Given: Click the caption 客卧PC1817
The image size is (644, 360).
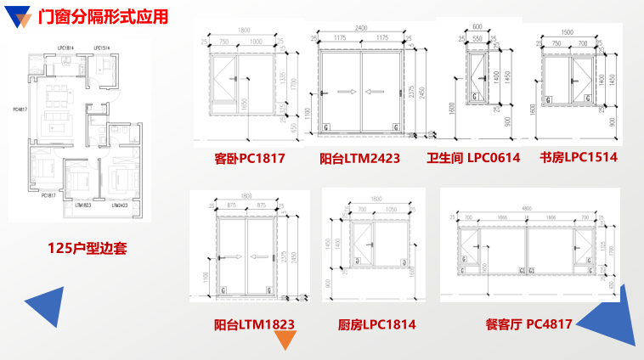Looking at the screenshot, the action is [249, 158].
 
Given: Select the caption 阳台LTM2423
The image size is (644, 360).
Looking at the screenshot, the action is [359, 158].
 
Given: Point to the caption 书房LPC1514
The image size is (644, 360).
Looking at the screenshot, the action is [578, 157].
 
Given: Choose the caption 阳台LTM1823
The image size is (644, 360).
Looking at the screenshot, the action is [254, 323].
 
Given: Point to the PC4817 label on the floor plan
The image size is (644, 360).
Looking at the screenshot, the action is [20, 109].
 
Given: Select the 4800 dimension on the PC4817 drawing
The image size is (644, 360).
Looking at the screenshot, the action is [527, 210].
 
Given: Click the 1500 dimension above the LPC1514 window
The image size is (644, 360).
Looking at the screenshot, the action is [568, 32].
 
